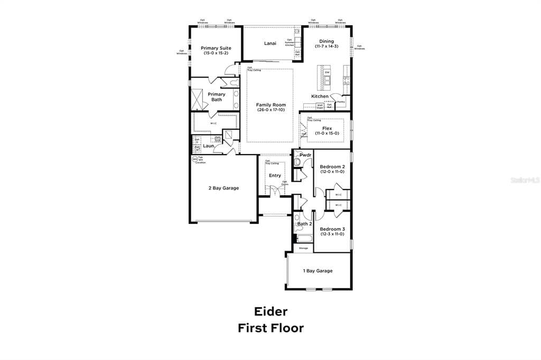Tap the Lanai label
[x=270, y=43]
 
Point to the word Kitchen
[x=320, y=97]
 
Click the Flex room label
[x=327, y=128]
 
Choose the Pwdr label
[x=305, y=155]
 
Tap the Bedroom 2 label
[x=332, y=167]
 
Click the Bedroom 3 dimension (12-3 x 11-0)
[x=332, y=234]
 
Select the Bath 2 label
[x=304, y=224]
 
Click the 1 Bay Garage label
[x=318, y=271]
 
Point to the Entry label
[x=275, y=176]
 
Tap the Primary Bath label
[x=217, y=97]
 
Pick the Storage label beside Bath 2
[x=303, y=248]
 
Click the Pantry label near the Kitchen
[x=341, y=102]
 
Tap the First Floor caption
[x=270, y=328]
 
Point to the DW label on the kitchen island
[x=327, y=72]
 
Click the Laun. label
[x=209, y=146]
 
